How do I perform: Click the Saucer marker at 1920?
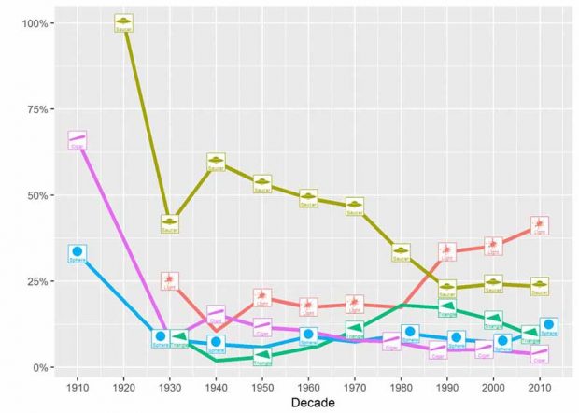coord(124,22)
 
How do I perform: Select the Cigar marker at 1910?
coord(77,140)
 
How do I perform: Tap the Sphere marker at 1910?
coord(78,253)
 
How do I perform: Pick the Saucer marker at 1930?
coord(169,223)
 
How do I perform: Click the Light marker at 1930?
coord(169,281)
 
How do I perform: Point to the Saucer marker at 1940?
coord(216,163)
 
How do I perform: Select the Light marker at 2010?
coord(539,226)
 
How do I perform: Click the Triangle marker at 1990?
coord(447,307)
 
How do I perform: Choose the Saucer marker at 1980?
coord(401,252)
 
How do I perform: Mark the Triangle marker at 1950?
coord(262,357)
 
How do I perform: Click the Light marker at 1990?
coord(447,251)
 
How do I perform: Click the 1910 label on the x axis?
coord(78,385)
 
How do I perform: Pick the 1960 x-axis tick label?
coord(308,385)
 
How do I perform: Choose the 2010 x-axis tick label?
coord(539,385)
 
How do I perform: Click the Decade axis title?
coord(308,403)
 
